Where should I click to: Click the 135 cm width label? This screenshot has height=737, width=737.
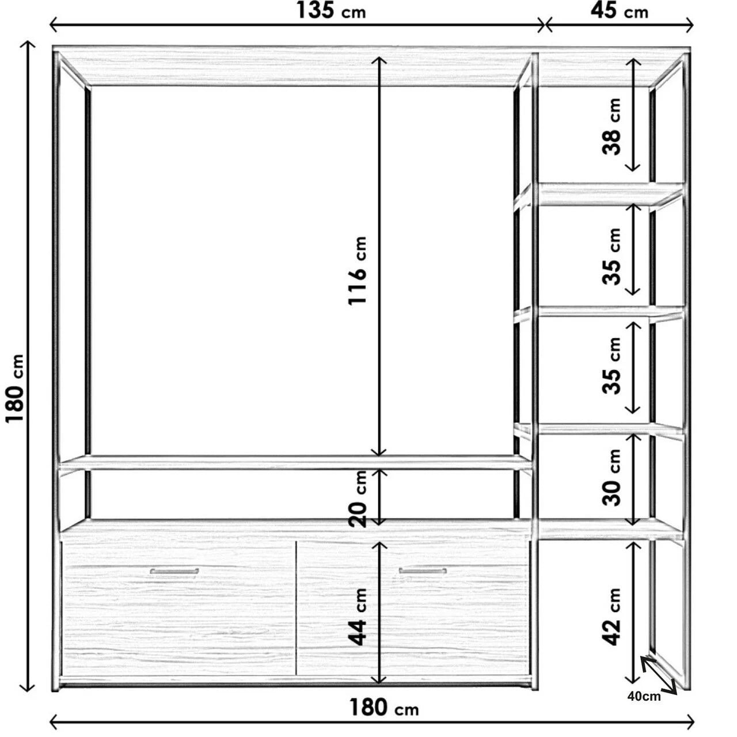point(331,12)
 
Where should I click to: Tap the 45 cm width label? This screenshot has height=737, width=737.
point(619,12)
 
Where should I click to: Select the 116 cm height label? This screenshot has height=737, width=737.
point(358,271)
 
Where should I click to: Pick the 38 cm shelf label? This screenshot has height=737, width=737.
point(611,127)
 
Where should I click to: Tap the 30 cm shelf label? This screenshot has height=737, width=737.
point(611,477)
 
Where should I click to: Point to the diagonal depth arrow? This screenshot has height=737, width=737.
point(659,674)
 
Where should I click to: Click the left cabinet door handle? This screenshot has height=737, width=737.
point(174,571)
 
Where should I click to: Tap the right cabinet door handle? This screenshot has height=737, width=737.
point(423,571)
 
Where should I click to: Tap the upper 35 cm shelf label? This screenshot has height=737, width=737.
point(611,257)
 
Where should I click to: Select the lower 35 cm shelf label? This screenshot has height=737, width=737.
point(611,365)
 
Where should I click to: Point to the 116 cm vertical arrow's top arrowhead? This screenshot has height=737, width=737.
point(379,58)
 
